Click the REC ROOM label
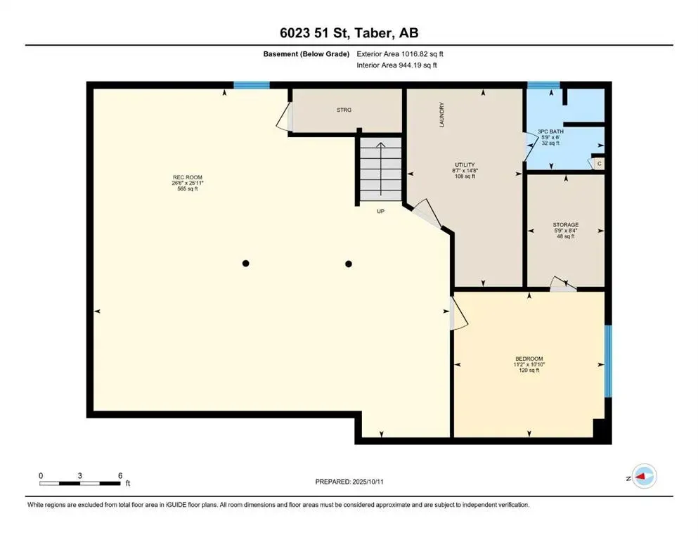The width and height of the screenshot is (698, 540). click(x=188, y=177)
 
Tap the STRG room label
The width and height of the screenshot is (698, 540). click(x=344, y=110)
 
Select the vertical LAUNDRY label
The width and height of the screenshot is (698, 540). click(x=442, y=115)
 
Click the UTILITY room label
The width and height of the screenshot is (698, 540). click(x=465, y=165)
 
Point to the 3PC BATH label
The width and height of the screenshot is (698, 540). click(x=550, y=131)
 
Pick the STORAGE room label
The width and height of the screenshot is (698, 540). click(x=566, y=225)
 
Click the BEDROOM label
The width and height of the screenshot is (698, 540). click(x=529, y=359)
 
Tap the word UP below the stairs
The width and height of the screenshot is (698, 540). click(x=380, y=212)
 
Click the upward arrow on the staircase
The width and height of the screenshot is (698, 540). click(x=381, y=169)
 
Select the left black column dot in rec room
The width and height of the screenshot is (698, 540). click(x=245, y=264)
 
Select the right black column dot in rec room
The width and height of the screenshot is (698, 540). click(x=349, y=264)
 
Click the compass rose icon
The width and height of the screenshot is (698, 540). click(x=644, y=476)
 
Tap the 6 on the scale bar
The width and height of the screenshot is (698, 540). click(x=120, y=476)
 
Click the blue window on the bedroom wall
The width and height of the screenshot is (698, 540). click(x=608, y=361)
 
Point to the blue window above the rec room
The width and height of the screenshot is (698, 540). click(x=252, y=85)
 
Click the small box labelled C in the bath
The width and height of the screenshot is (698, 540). click(x=599, y=164)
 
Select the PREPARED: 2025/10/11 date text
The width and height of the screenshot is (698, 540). click(x=349, y=482)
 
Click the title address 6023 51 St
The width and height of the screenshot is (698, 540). click(x=314, y=33)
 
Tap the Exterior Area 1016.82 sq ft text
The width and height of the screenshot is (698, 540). click(x=400, y=54)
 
